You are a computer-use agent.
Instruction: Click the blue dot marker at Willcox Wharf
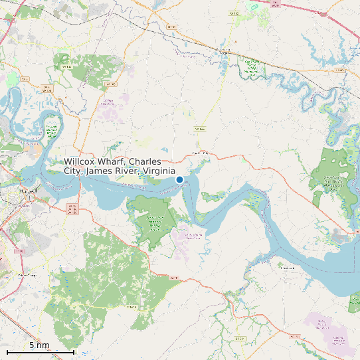pyautogui.click(x=179, y=179)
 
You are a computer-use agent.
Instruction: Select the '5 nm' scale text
pyautogui.click(x=39, y=345)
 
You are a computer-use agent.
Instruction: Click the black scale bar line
pyautogui.click(x=40, y=351)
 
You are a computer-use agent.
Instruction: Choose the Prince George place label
pyautogui.click(x=27, y=274)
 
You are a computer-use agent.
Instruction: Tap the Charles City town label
pyautogui.click(x=200, y=153)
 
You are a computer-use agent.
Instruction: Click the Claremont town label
pyautogui.click(x=287, y=268)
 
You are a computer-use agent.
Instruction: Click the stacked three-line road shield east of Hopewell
pyautogui.click(x=72, y=210)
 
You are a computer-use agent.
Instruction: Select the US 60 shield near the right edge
pyautogui.click(x=339, y=69)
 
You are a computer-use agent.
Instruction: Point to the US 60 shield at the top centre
pyautogui.click(x=171, y=27)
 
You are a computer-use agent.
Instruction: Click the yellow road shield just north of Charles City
pyautogui.click(x=198, y=128)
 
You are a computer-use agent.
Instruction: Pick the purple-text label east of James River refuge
pyautogui.click(x=193, y=236)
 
